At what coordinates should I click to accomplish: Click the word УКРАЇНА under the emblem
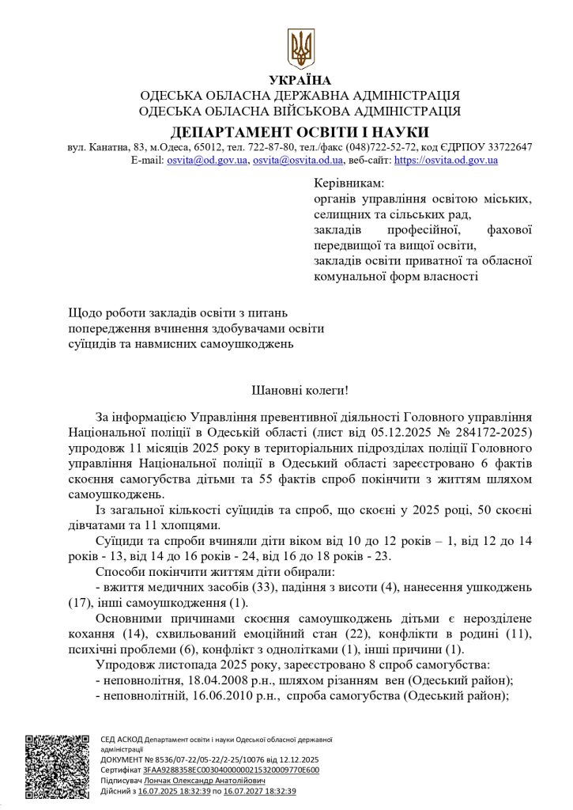point(300,80)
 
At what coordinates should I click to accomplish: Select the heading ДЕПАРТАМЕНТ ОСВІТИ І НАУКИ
point(300,131)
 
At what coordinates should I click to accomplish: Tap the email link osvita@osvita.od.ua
point(297,160)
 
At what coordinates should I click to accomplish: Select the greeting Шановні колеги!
point(300,390)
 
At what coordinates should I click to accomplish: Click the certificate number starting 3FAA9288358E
point(232,770)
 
